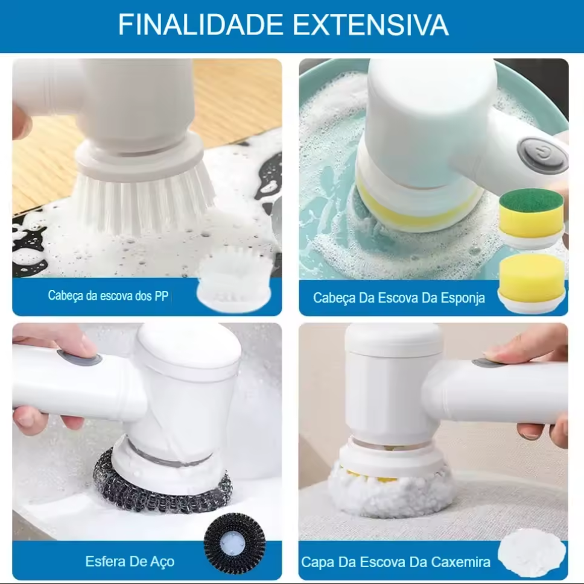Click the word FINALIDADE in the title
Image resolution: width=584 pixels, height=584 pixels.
[200, 25]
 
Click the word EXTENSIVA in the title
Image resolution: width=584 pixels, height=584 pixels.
[370, 25]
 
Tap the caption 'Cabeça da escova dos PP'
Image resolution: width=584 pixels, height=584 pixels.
[108, 295]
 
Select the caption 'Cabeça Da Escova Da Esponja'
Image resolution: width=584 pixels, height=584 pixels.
[399, 298]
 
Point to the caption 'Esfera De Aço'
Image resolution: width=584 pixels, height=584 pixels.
[130, 561]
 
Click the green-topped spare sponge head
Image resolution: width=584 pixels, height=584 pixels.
[532, 218]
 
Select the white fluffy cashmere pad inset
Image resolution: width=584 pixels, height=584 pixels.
[532, 554]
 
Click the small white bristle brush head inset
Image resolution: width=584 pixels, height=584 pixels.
[234, 278]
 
